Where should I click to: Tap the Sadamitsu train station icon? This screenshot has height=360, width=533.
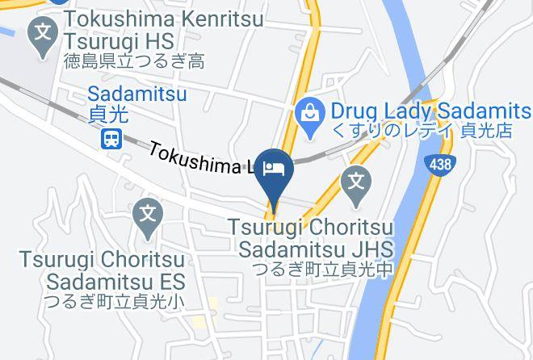[x=112, y=139]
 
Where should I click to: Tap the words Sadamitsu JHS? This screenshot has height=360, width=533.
[x=315, y=248]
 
